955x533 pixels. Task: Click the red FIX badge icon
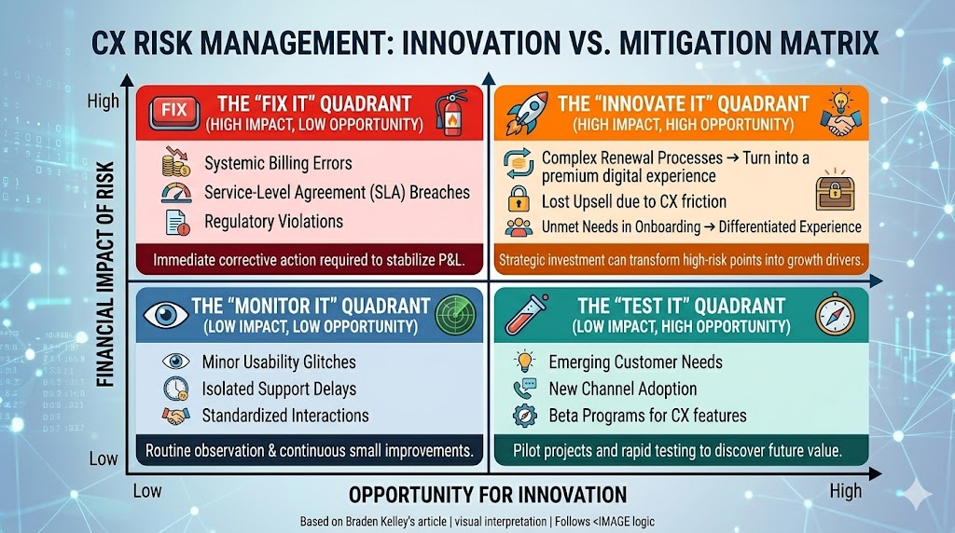174,110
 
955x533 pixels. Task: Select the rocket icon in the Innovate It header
527,113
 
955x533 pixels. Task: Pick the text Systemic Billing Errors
278,163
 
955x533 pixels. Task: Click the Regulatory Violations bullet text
273,221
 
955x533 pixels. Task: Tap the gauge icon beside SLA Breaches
175,192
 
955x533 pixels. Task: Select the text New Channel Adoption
622,389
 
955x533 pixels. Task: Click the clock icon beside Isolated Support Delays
175,389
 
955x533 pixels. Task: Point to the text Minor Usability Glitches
279,362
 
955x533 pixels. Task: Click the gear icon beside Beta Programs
521,416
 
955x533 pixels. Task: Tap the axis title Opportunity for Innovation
488,494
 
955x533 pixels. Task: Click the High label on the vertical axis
103,100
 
